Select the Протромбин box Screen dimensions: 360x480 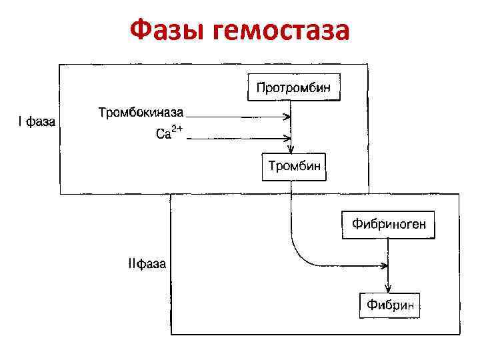point(294,87)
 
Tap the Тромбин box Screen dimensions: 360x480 point(294,166)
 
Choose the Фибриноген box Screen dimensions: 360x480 point(389,225)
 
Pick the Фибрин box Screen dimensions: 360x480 point(391,305)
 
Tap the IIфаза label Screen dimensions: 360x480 point(147,263)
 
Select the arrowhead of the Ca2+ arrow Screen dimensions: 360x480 point(288,139)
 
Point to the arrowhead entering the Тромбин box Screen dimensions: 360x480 point(291,149)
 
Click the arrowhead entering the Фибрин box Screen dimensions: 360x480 point(388,288)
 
